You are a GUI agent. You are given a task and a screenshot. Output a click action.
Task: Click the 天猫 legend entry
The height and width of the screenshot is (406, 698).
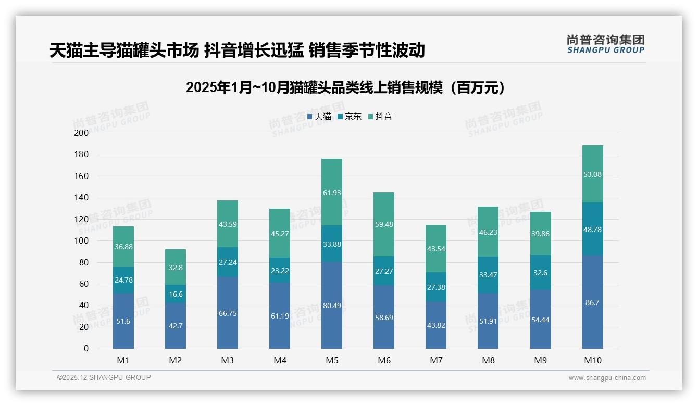click(319, 117)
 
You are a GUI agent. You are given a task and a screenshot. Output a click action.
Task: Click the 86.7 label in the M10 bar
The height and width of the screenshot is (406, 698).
click(592, 302)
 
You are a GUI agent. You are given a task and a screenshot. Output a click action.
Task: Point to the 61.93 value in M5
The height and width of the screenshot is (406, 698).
click(332, 193)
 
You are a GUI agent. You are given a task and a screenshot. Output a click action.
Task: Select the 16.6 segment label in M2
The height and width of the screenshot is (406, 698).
click(176, 294)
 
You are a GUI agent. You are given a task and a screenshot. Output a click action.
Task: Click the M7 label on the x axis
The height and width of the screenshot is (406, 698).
click(436, 360)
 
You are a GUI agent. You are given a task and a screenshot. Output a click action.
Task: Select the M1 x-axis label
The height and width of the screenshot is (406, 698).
click(123, 360)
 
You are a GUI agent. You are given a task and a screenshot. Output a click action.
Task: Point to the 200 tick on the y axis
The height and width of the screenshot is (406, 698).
click(82, 133)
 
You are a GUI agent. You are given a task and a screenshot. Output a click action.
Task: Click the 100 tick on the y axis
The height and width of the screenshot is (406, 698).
click(82, 241)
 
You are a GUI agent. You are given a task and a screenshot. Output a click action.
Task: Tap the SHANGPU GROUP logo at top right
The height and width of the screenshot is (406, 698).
click(605, 44)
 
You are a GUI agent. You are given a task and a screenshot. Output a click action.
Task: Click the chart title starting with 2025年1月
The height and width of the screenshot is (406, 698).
click(345, 87)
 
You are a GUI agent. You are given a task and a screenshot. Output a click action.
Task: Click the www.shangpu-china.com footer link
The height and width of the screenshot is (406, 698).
click(607, 378)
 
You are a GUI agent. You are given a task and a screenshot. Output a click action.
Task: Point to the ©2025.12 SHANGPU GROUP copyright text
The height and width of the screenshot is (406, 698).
click(104, 378)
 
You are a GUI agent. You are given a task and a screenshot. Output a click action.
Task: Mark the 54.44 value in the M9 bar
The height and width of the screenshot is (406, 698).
click(540, 320)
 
